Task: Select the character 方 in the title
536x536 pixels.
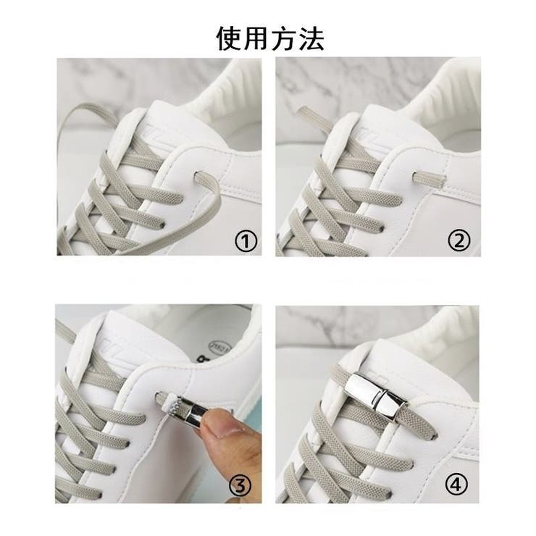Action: (283, 38)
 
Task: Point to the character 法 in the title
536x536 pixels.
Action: (311, 38)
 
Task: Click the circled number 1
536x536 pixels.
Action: (246, 241)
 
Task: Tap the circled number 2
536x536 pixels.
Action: (459, 241)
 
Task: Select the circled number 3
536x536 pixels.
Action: (240, 485)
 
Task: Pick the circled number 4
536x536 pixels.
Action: (456, 485)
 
